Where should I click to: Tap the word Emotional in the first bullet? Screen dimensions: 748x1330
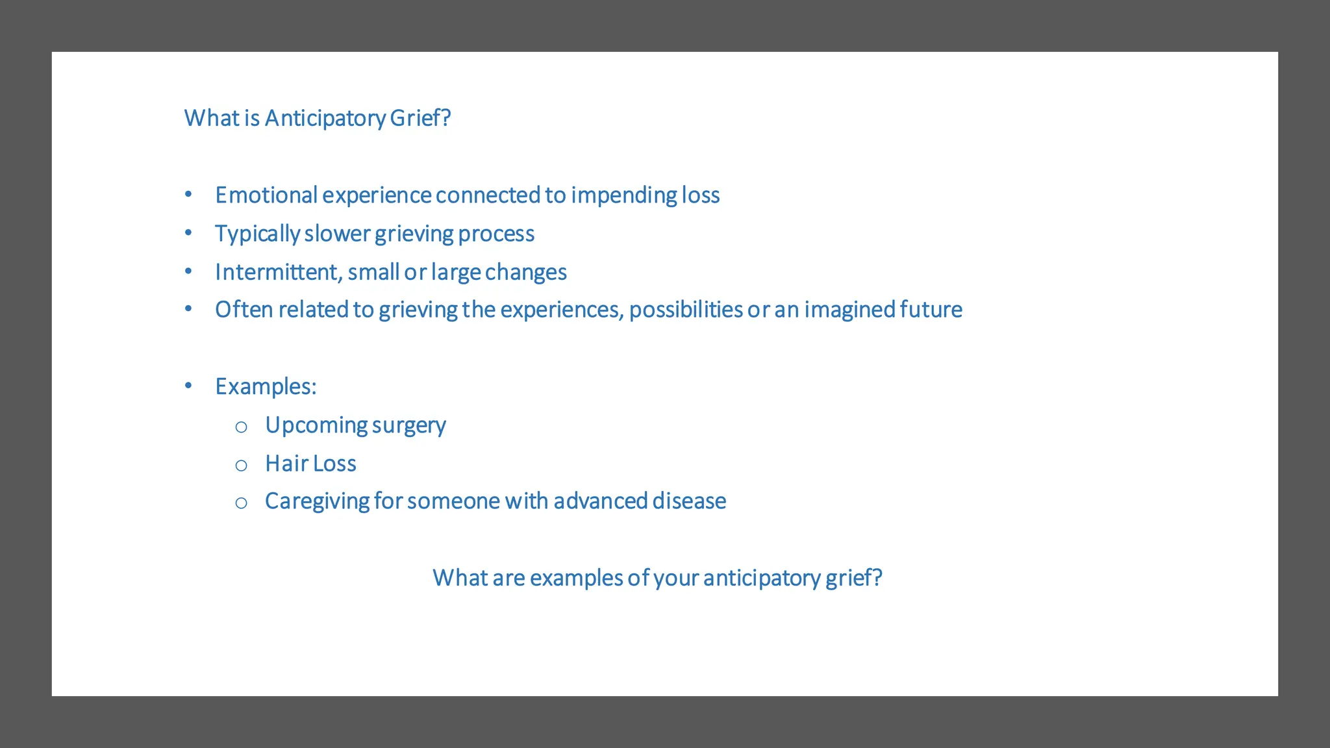point(266,195)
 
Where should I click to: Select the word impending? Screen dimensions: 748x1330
point(623,195)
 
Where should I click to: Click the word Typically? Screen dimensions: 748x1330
point(257,234)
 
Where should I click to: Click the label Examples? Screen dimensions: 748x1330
point(266,387)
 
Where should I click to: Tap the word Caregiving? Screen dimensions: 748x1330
point(317,502)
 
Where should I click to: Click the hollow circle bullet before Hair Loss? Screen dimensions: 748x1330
point(241,465)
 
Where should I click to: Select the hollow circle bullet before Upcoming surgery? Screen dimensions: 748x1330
point(241,427)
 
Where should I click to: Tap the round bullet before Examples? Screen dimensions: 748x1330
point(188,386)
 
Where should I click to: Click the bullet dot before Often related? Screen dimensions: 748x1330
point(188,309)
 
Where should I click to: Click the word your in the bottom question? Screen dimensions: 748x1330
point(676,579)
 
